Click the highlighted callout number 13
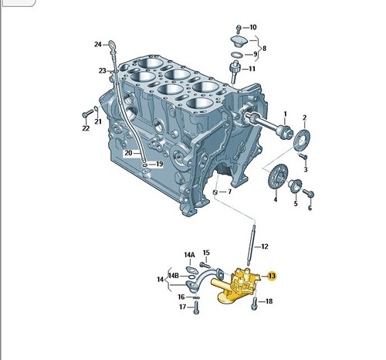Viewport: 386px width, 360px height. click(272, 276)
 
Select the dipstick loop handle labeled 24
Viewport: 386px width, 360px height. click(112, 46)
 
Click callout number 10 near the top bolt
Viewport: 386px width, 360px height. click(253, 27)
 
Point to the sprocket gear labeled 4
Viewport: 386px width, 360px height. click(279, 177)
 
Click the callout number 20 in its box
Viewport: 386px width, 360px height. click(128, 153)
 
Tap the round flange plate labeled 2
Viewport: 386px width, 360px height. click(303, 141)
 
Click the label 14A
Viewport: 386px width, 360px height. click(189, 255)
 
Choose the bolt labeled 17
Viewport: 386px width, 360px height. click(196, 307)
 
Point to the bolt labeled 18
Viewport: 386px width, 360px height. click(254, 304)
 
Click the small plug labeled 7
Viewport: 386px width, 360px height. click(215, 192)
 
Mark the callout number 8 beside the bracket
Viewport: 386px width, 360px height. click(264, 48)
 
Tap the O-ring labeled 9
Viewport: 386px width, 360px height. click(237, 55)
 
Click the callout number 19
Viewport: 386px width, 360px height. click(159, 164)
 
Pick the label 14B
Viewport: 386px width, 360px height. click(174, 276)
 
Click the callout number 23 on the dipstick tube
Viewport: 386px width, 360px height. click(103, 70)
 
